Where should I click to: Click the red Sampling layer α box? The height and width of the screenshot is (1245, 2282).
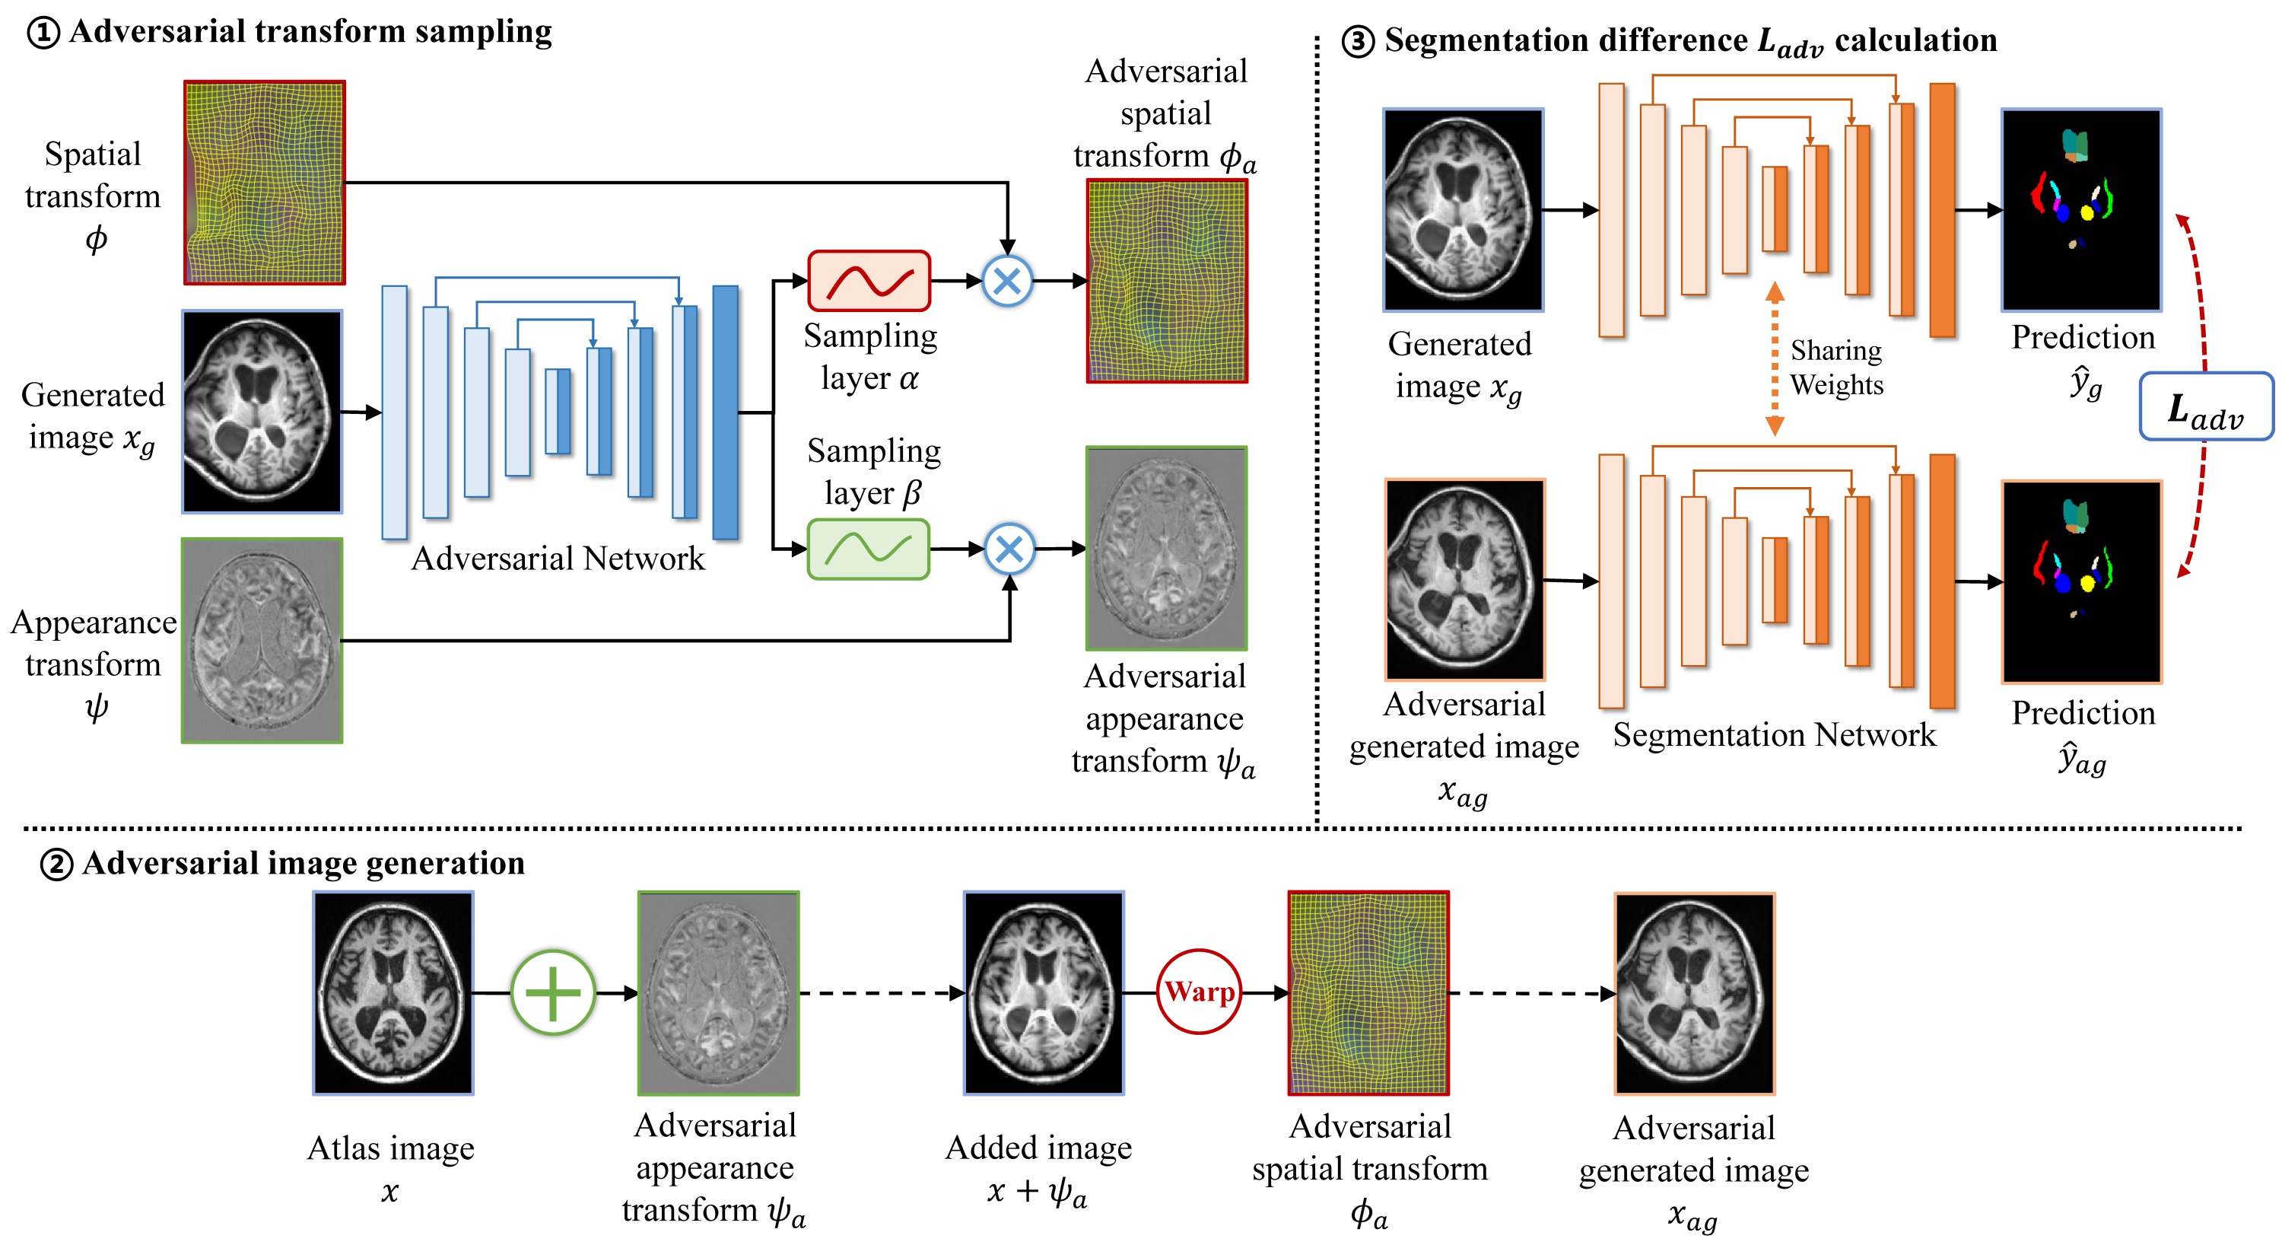(868, 281)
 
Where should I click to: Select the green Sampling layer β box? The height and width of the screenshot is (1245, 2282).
(868, 549)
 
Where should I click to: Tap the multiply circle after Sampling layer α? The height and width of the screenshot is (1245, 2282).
(1007, 281)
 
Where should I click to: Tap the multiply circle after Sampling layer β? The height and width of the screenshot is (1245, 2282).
(1009, 549)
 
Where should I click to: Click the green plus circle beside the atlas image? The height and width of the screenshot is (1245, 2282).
(553, 992)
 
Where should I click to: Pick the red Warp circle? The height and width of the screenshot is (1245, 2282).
(1200, 992)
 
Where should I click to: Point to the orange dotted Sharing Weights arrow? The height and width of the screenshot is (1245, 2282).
(1775, 359)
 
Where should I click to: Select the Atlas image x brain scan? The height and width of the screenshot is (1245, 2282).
(393, 992)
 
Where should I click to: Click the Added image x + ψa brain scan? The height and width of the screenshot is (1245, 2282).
(1044, 992)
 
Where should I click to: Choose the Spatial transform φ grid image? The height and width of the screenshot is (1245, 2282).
(264, 183)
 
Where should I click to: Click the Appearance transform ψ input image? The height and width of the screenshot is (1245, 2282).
(262, 640)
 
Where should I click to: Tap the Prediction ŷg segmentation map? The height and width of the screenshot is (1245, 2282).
(2081, 210)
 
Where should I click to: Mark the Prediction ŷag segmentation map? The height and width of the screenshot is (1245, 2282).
(2081, 581)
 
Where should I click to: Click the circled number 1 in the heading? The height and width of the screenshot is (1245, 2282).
(43, 33)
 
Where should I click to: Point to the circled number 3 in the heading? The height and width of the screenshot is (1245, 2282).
(1358, 42)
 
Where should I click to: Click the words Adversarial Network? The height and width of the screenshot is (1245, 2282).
(558, 559)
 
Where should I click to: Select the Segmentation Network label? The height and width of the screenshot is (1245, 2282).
(1775, 734)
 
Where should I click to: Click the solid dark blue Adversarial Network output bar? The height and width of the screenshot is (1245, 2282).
(726, 412)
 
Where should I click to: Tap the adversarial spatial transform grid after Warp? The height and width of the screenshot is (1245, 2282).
(1368, 992)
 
